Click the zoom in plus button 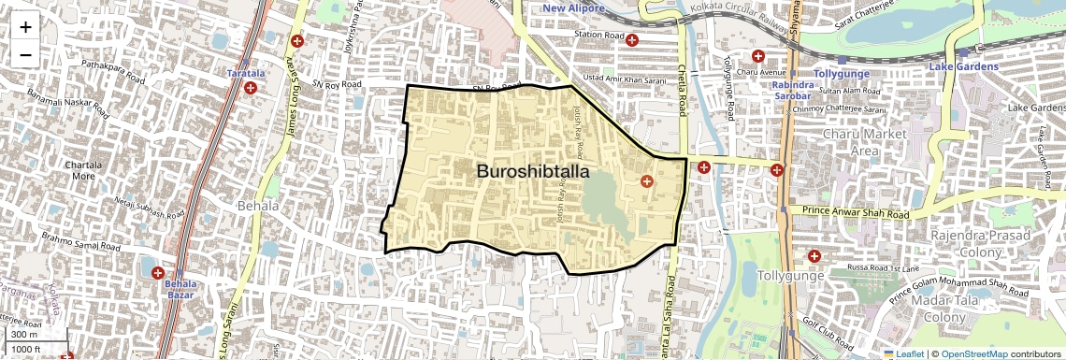click(x=25, y=27)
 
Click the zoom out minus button click(x=25, y=54)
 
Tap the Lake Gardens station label click(x=964, y=67)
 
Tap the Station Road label click(x=598, y=36)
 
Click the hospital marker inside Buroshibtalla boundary click(x=645, y=180)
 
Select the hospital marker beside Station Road click(x=632, y=40)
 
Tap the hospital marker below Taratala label click(x=251, y=88)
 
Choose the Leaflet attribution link click(x=904, y=353)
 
